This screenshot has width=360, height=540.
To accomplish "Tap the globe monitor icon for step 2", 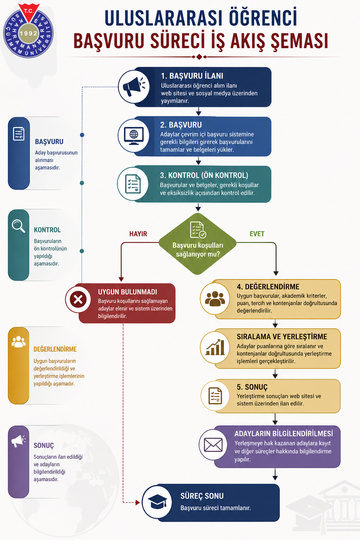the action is (134, 136).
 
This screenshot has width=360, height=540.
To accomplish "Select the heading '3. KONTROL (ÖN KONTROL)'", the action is (204, 175).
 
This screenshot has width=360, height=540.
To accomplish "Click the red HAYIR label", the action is (138, 234).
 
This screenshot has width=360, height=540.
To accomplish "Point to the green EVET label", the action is (257, 234).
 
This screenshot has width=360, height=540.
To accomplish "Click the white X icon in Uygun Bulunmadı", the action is (78, 300).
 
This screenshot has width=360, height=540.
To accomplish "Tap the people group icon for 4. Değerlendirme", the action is (215, 299).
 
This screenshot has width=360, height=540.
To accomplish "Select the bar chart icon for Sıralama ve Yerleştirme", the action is (215, 347).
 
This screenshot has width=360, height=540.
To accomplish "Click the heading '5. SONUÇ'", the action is (252, 387).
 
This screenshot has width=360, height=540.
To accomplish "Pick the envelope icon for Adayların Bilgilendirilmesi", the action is (213, 445).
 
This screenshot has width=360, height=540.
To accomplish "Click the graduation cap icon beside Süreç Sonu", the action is (157, 501).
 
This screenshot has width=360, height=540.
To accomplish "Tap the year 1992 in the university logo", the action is (29, 33).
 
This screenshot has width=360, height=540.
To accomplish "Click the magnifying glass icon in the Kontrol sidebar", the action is (19, 226).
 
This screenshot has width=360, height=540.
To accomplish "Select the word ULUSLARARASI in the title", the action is (163, 18).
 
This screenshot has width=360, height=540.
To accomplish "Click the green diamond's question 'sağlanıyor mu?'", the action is (198, 254).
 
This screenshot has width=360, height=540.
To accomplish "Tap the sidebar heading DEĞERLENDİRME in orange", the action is (55, 349).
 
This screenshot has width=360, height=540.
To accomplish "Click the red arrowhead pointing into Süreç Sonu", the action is (138, 503).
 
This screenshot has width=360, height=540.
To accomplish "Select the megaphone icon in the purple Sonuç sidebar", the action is (18, 441).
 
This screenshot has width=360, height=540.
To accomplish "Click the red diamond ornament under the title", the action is (199, 57).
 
